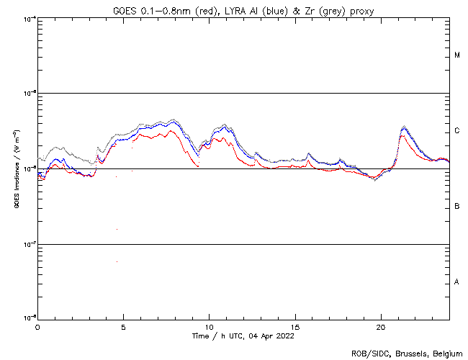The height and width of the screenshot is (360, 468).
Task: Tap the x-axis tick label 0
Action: [37, 326]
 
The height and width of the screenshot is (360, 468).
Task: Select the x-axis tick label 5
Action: [123, 326]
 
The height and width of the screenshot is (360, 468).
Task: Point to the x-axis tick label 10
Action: [209, 326]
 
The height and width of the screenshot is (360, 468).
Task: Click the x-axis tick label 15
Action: [294, 326]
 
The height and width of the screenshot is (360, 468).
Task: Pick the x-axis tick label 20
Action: [380, 326]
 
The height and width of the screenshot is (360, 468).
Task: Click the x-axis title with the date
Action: [243, 336]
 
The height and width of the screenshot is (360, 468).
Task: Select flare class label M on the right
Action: [457, 55]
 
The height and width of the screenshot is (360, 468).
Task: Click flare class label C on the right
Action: [457, 131]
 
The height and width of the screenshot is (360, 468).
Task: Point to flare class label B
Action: [457, 207]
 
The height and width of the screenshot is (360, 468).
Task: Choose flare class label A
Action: [457, 282]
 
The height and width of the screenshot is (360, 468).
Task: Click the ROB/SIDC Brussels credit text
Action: [407, 353]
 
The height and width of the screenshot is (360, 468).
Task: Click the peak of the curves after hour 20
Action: [403, 127]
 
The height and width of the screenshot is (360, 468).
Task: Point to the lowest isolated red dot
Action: [116, 261]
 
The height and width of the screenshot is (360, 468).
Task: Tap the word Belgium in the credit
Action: [448, 353]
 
